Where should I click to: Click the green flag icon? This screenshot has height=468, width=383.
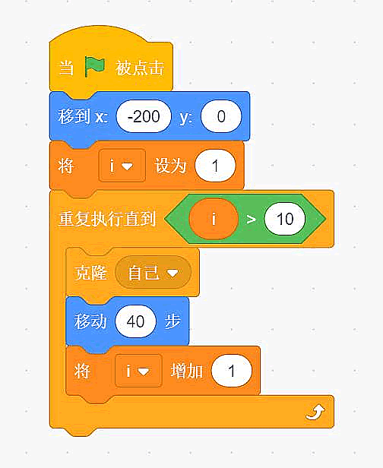pos(95,67)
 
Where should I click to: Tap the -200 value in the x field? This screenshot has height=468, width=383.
pos(144,116)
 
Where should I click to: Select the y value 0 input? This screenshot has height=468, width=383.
pos(221,116)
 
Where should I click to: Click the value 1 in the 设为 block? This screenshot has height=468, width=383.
pos(215,166)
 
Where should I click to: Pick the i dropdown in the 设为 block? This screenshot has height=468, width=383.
pos(122,166)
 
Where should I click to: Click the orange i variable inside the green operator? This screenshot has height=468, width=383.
pos(214,219)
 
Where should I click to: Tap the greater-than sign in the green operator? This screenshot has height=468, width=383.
pos(251,220)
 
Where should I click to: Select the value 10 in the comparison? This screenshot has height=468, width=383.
pos(285,219)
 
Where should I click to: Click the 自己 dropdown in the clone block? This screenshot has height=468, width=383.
pos(153,272)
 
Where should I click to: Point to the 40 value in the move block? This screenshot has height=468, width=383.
pos(135,321)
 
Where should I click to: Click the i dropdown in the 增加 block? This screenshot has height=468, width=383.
pos(138,371)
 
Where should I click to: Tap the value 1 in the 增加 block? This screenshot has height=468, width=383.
pos(231,371)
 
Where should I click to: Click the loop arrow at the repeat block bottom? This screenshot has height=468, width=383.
pos(315,413)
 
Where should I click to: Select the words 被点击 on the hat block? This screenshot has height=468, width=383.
pos(140,68)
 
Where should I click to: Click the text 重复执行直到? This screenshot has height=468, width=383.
pos(107,219)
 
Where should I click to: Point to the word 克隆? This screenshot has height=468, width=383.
pos(90,272)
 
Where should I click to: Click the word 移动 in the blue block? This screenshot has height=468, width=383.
pos(90,321)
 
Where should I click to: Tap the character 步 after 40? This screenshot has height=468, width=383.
pos(173,321)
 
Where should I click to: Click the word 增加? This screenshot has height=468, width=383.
pos(187,371)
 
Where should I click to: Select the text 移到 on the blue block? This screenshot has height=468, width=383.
pos(74,116)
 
